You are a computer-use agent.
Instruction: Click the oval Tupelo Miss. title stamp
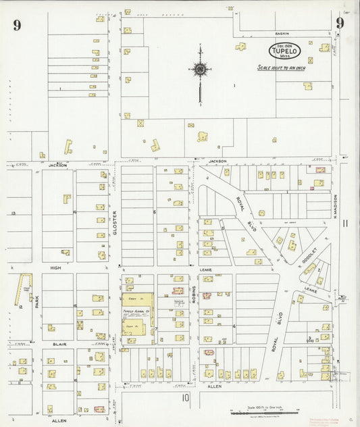[x=284, y=50]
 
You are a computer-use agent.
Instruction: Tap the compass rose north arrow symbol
[x=200, y=70]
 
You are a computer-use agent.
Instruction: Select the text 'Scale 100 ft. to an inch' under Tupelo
[x=283, y=68]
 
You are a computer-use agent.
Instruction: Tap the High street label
[x=55, y=268]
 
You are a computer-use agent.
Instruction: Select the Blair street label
[x=58, y=344]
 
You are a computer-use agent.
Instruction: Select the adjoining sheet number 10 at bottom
[x=185, y=398]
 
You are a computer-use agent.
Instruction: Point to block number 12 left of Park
[x=21, y=307]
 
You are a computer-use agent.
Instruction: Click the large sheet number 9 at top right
[x=340, y=23]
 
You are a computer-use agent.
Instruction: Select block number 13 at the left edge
[x=14, y=213]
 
